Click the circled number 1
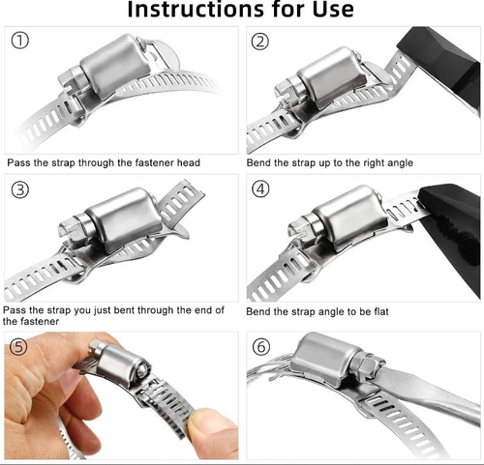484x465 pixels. (x=20, y=41)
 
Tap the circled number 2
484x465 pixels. (x=259, y=42)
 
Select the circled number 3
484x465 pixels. (x=20, y=189)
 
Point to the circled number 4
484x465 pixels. (x=260, y=189)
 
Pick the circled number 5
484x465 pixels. (x=18, y=347)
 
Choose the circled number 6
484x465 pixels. (x=260, y=347)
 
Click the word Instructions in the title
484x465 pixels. (x=197, y=9)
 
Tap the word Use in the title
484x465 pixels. (x=333, y=9)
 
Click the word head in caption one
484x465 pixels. (x=189, y=162)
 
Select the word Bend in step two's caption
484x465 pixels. (x=258, y=162)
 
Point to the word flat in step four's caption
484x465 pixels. (x=381, y=311)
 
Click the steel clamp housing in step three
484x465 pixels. (x=124, y=219)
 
